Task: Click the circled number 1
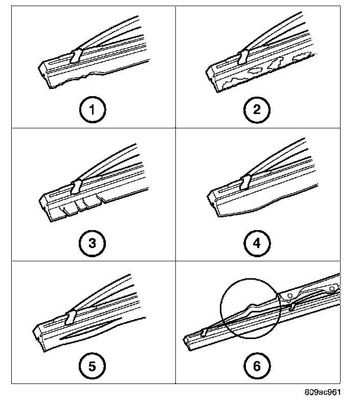(93, 109)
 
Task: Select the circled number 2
(257, 109)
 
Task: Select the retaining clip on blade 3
(78, 186)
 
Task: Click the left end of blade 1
(44, 69)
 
